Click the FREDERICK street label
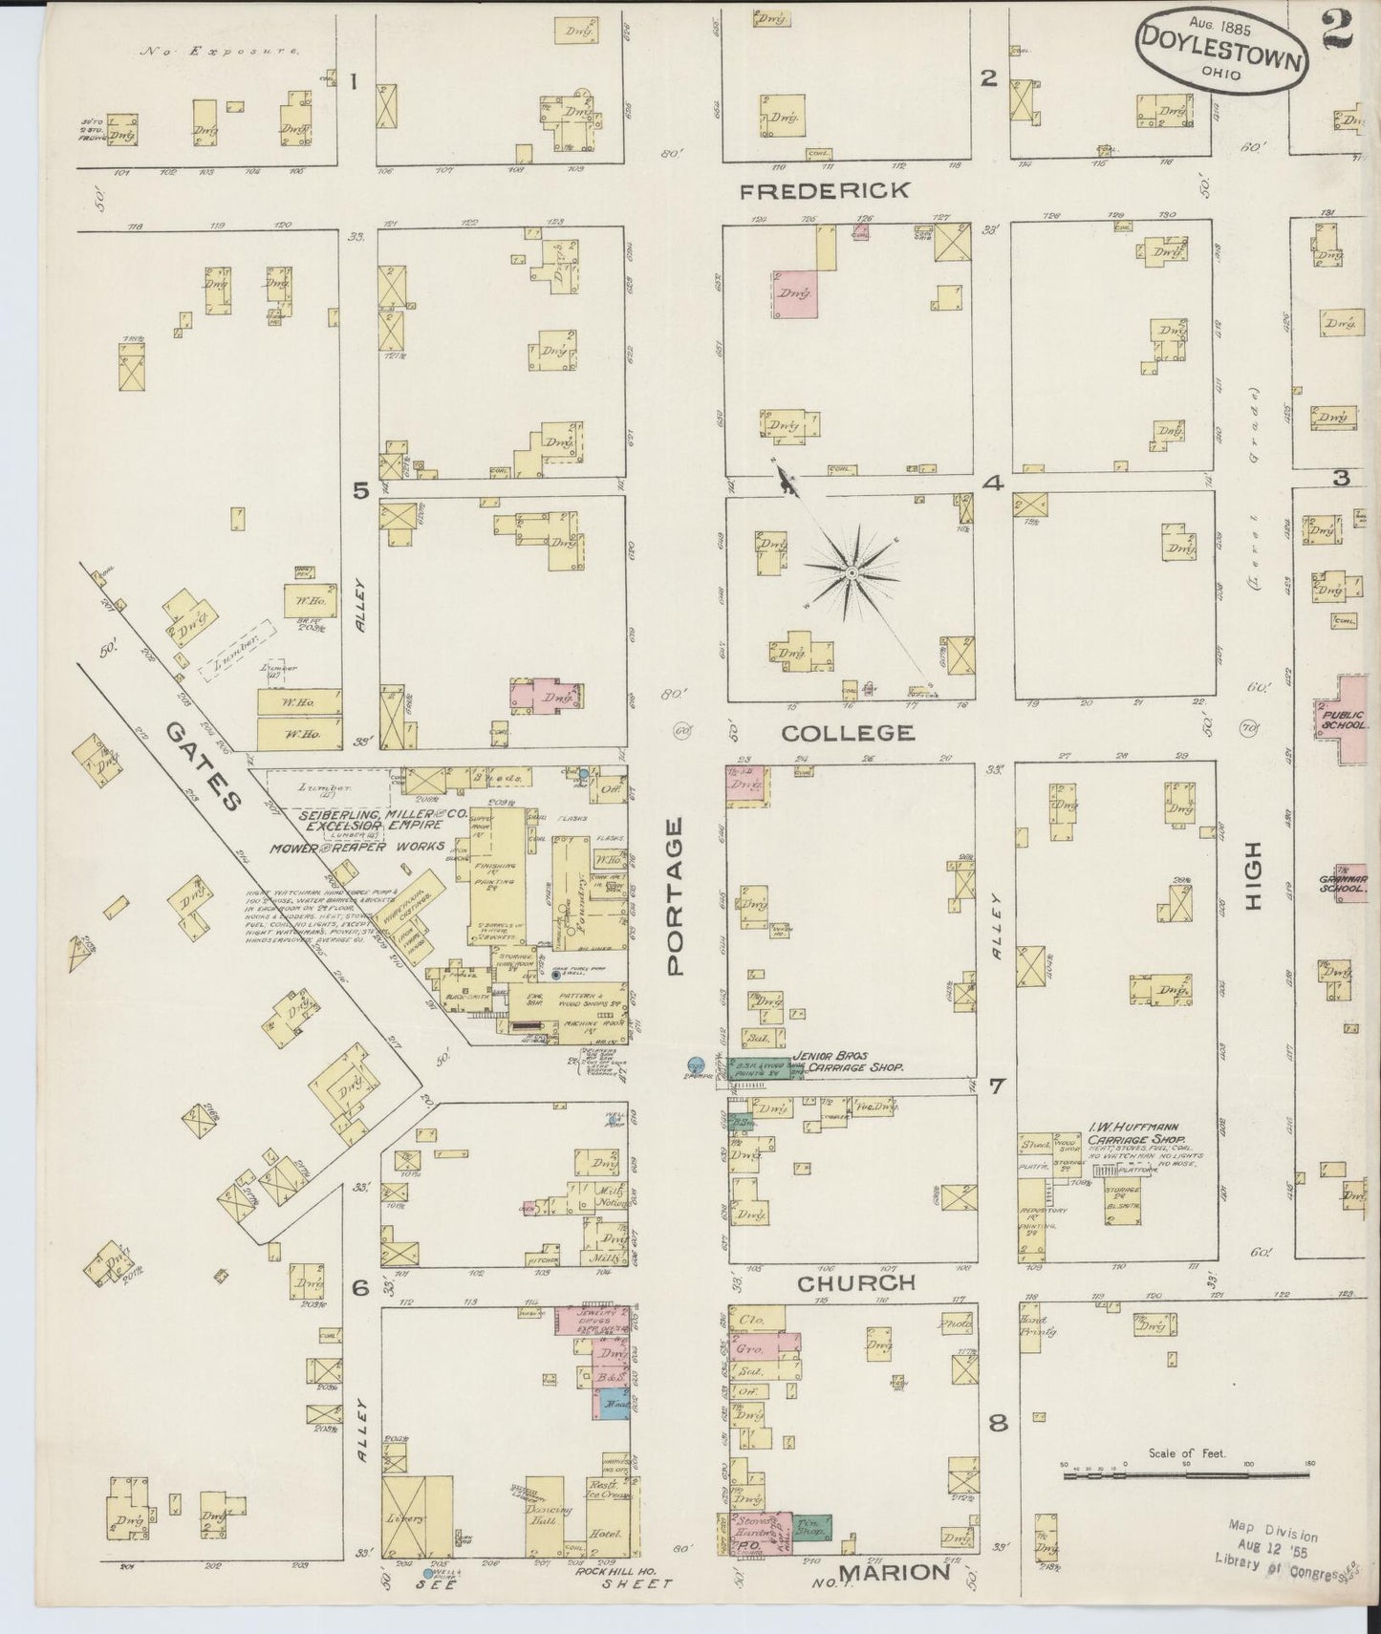826,191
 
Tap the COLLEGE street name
848,733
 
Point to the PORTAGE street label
678,895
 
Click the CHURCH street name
856,1283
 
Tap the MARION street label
894,1572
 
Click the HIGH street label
1253,874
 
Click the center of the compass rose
850,572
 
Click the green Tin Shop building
812,1526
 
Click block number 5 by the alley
360,492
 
